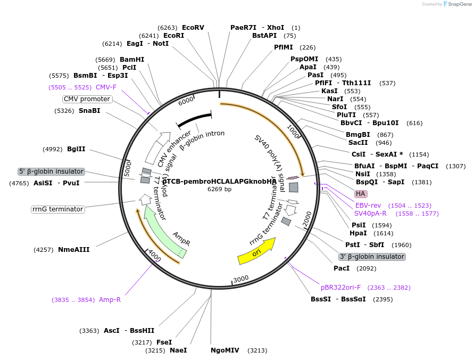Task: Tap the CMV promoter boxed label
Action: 87,99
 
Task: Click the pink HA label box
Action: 361,193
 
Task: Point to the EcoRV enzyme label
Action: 193,27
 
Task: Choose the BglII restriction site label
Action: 76,149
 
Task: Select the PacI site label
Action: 342,268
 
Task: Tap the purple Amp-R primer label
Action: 110,299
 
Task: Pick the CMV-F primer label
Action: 106,87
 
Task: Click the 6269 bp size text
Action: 219,189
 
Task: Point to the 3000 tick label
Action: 241,279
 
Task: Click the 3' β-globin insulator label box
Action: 372,257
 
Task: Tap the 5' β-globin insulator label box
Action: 51,171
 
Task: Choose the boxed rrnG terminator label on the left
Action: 58,209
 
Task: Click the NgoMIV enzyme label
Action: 225,350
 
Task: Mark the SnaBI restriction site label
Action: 89,111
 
